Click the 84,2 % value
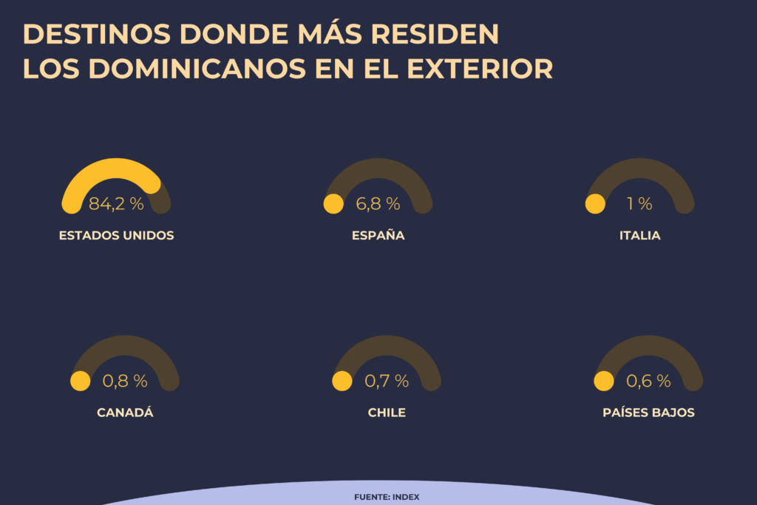tap(116, 204)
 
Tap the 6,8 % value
tap(378, 204)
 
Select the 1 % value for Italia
tap(639, 204)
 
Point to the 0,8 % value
tap(125, 381)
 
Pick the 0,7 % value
tap(387, 381)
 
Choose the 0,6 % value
tap(648, 381)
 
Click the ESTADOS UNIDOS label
tap(116, 236)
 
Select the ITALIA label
tap(639, 236)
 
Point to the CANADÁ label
tap(125, 413)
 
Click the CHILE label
tap(387, 413)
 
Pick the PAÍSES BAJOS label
tap(648, 413)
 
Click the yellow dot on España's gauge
tap(333, 204)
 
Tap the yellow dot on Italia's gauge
tap(595, 204)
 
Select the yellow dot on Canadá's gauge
tap(80, 381)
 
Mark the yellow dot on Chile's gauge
tap(342, 381)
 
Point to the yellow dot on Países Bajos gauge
tap(604, 381)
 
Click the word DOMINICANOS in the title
tap(197, 69)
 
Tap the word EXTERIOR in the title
tap(480, 69)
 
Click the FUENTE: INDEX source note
tap(387, 497)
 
